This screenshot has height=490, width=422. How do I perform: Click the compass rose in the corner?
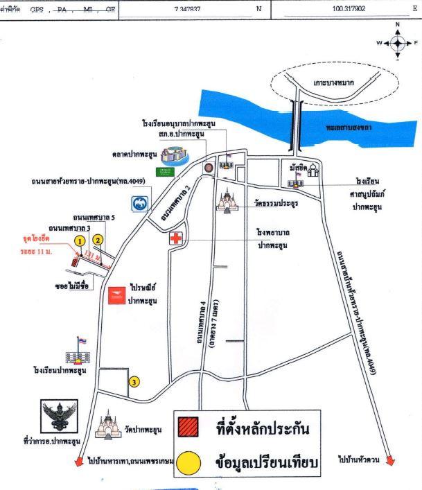[398, 42]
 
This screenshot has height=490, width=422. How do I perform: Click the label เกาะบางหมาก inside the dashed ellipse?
[333, 82]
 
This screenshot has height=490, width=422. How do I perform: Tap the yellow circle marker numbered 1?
[80, 240]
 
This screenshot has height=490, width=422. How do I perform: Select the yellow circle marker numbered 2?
[98, 240]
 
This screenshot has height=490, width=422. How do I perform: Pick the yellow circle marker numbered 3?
[134, 381]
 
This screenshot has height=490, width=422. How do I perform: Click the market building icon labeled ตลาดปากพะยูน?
[169, 155]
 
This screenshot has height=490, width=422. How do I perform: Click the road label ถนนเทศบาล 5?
[94, 217]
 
